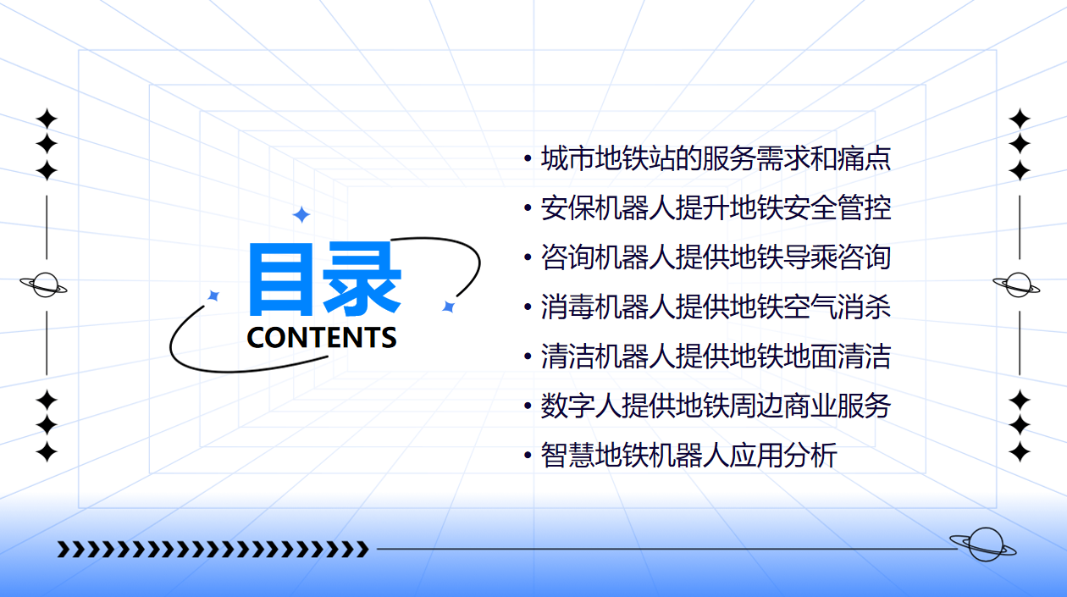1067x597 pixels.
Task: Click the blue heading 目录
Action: [325, 279]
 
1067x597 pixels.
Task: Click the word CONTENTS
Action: [322, 338]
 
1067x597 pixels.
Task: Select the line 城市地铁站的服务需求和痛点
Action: [716, 158]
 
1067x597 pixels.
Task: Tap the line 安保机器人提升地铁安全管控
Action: [716, 208]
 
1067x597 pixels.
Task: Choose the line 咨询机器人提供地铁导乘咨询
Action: [716, 257]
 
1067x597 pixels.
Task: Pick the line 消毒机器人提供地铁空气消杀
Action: [716, 307]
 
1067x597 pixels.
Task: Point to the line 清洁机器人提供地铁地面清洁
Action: [716, 357]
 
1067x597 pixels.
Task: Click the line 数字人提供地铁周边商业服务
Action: [716, 406]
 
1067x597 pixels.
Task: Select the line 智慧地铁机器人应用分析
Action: [688, 456]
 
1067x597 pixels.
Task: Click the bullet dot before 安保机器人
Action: [528, 207]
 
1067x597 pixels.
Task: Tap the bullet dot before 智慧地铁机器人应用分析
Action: [528, 456]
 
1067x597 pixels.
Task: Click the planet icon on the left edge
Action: [44, 285]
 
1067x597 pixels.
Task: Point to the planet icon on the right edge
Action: [1016, 285]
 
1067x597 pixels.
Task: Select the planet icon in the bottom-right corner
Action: [983, 544]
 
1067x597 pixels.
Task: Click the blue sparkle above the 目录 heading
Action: [301, 215]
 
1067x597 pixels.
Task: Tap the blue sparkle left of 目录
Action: [213, 296]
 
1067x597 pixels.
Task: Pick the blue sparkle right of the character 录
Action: [448, 307]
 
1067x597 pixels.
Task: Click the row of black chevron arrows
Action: [213, 549]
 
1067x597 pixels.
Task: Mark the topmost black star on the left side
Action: [47, 119]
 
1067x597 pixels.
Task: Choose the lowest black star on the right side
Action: [1020, 451]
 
